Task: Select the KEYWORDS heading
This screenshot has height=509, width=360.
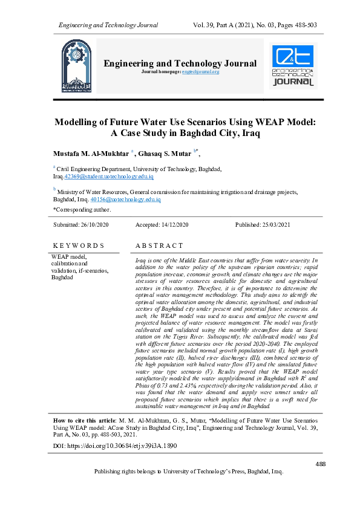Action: (x=78, y=246)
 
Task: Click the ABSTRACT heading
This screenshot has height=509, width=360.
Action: (x=159, y=246)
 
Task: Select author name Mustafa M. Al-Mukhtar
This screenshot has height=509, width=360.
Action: (x=91, y=154)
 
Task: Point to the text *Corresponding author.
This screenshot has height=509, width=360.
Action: (x=82, y=210)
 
